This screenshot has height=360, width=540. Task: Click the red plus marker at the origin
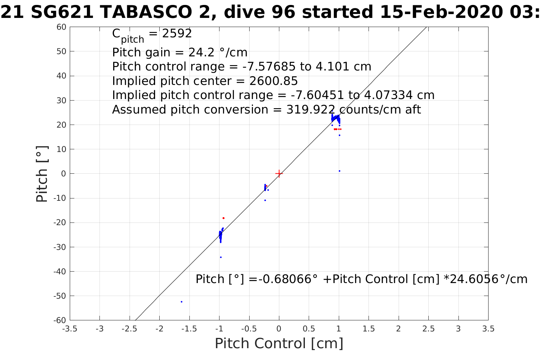pyautogui.click(x=279, y=174)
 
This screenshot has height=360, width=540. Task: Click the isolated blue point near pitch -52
pyautogui.click(x=181, y=302)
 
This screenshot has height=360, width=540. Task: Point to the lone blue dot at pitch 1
pyautogui.click(x=340, y=171)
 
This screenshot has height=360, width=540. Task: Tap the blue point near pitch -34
pyautogui.click(x=221, y=257)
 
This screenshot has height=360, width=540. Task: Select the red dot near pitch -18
pyautogui.click(x=223, y=218)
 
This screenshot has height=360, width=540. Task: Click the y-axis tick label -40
pyautogui.click(x=60, y=272)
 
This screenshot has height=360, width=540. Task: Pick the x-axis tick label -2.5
pyautogui.click(x=130, y=329)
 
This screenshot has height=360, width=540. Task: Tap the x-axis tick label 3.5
pyautogui.click(x=488, y=329)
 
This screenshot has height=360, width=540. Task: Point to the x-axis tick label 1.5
pyautogui.click(x=369, y=329)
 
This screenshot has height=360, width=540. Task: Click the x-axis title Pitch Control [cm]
pyautogui.click(x=279, y=344)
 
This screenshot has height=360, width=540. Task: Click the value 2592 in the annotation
pyautogui.click(x=177, y=34)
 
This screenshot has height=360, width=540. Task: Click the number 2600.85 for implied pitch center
pyautogui.click(x=274, y=81)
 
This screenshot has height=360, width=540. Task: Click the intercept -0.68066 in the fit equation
pyautogui.click(x=284, y=279)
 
